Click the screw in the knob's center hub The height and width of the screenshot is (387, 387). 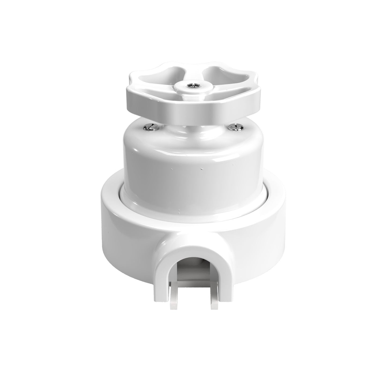tap(192, 85)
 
